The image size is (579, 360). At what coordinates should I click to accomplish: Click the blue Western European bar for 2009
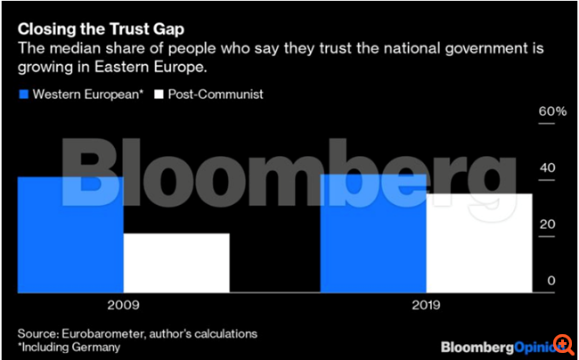(69, 234)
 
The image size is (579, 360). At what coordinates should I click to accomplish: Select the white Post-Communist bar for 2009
(176, 263)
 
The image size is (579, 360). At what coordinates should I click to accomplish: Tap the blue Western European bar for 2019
(373, 233)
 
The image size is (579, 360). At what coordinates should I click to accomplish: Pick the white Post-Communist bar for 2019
(479, 242)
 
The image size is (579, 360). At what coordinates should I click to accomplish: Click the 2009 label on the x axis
(123, 305)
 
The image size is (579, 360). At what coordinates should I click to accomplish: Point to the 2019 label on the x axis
(426, 305)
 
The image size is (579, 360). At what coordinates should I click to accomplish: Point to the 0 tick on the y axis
(551, 281)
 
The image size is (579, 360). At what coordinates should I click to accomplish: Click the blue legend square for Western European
(23, 93)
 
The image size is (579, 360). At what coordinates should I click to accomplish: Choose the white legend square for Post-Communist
(159, 93)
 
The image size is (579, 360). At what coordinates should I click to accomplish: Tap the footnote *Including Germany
(68, 347)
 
